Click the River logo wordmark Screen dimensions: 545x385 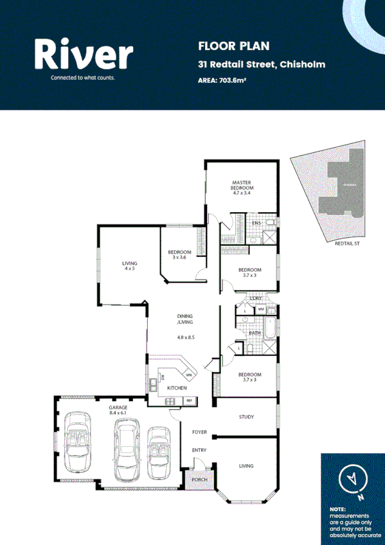[84, 55]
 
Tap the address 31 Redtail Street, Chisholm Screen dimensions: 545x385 [261, 64]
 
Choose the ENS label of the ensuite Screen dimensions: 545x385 [256, 223]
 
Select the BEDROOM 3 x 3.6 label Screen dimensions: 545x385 [180, 255]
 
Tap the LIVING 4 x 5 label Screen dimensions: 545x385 [130, 265]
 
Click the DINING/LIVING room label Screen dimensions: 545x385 [186, 319]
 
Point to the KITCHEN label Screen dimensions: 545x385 [177, 388]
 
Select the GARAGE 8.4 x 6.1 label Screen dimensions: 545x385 [118, 410]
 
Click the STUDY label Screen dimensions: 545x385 [246, 417]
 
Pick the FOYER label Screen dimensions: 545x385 [199, 432]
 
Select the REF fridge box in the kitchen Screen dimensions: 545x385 [189, 401]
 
